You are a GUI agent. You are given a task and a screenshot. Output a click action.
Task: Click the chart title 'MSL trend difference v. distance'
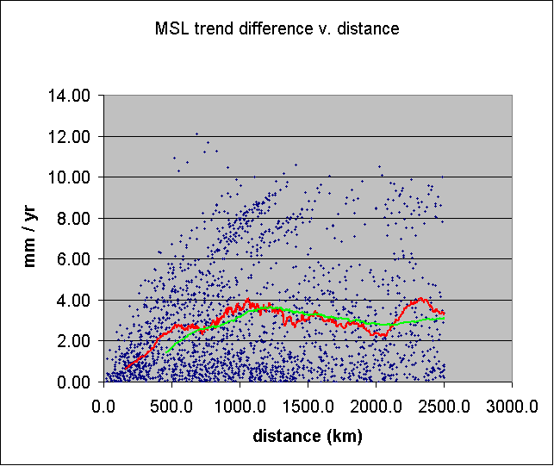click(x=276, y=28)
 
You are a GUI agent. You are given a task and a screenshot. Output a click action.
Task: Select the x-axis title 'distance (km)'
click(x=308, y=436)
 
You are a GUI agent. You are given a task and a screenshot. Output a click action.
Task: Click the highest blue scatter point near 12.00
click(x=196, y=134)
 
